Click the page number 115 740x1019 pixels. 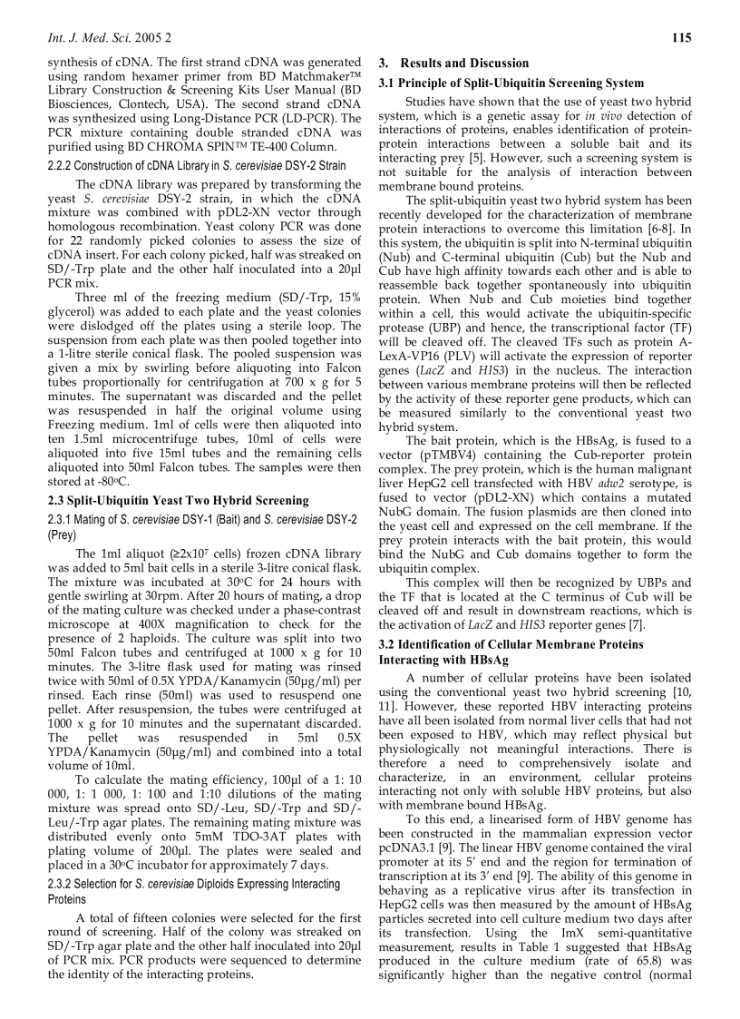[681, 37]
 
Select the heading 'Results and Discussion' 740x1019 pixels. [464, 64]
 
